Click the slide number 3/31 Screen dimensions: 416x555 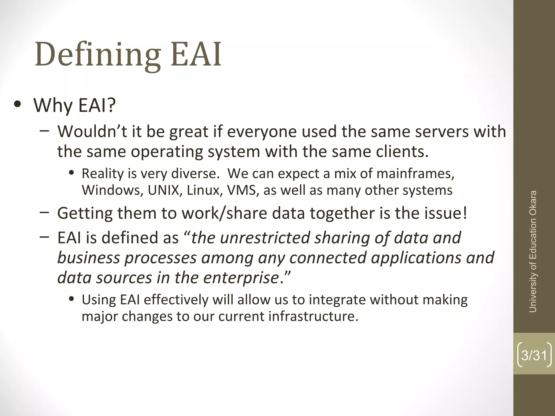coord(534,355)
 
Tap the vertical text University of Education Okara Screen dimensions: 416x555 coord(533,252)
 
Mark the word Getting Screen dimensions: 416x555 coord(85,213)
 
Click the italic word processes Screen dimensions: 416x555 coord(160,258)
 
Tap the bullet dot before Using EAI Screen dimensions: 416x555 coord(72,300)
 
